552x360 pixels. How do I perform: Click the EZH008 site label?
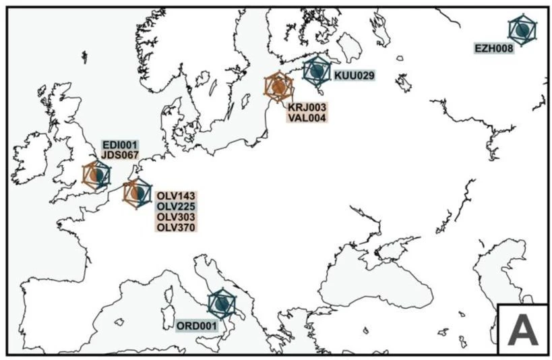point(494,48)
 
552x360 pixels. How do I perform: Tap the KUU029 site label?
point(355,76)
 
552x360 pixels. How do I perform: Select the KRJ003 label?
point(307,107)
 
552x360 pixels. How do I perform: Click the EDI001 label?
point(119,144)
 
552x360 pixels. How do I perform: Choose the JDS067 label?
point(119,154)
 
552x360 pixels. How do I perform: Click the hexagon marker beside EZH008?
point(522,29)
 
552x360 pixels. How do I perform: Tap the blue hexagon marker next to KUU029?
point(316,70)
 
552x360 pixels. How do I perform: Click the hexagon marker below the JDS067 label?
point(97,175)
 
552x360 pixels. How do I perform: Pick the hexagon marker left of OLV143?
point(137,193)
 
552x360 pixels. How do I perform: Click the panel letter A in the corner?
point(522,329)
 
